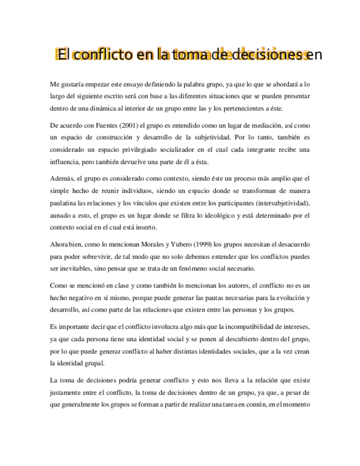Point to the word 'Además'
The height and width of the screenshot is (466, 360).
60,179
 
